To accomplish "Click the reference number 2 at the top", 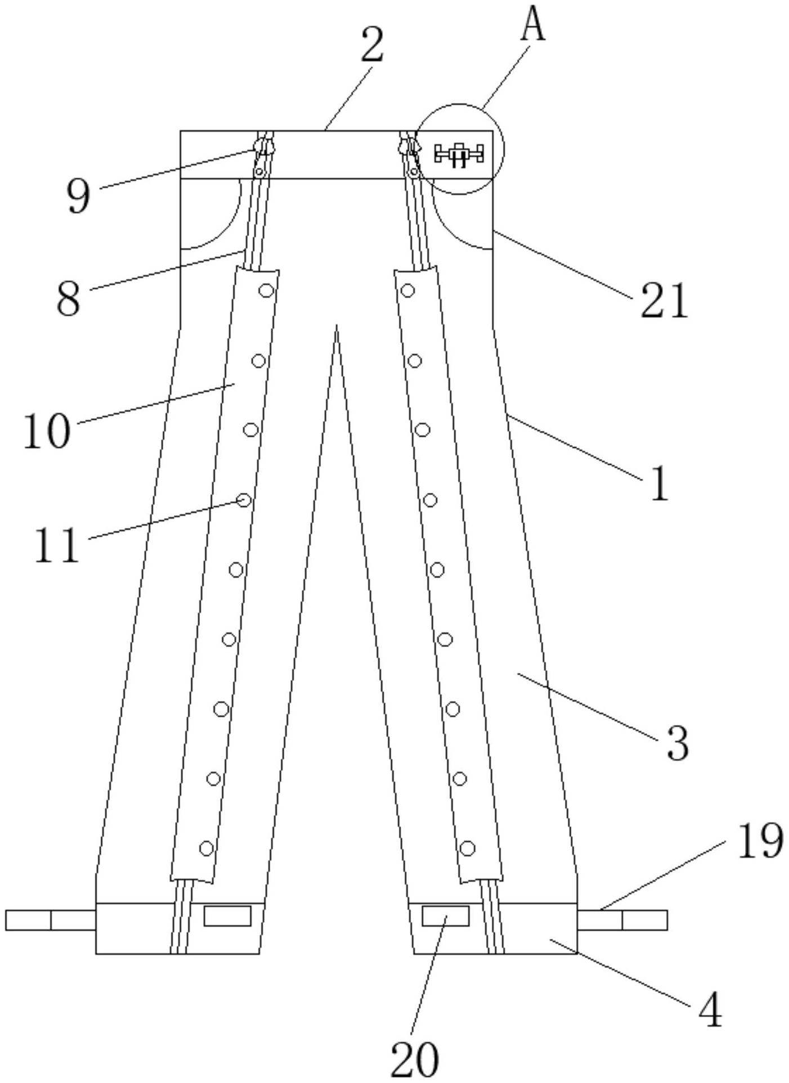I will pyautogui.click(x=372, y=46).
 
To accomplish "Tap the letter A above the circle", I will pyautogui.click(x=532, y=26).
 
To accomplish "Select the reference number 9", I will pyautogui.click(x=78, y=197).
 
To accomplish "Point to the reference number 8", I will pyautogui.click(x=69, y=299).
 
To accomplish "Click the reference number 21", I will pyautogui.click(x=664, y=302).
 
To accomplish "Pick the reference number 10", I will pyautogui.click(x=47, y=431).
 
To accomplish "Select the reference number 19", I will pyautogui.click(x=760, y=841).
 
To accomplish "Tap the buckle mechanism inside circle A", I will pyautogui.click(x=459, y=154).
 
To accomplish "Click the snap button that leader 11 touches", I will pyautogui.click(x=244, y=500).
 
